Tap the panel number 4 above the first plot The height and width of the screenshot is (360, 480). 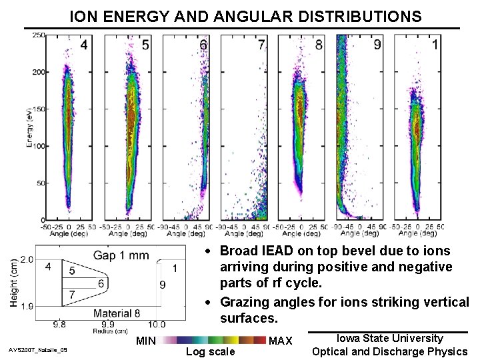pos(83,45)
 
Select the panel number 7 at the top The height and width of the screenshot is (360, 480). pos(261,45)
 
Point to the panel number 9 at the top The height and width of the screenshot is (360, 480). pos(377,45)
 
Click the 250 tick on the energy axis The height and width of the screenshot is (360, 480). pos(39,35)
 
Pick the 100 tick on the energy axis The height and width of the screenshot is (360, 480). pos(39,146)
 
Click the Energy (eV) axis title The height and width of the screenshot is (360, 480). pos(30,127)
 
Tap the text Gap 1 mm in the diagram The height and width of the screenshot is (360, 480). pos(121,255)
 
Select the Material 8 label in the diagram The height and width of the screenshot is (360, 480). pos(117,313)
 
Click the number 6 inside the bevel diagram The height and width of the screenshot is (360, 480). pos(101,284)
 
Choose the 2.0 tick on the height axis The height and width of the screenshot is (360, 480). pos(27,259)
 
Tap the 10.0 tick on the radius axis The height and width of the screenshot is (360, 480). pos(157,325)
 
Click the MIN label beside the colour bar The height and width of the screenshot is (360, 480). pos(146,341)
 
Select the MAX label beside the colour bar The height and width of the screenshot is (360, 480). pos(280,341)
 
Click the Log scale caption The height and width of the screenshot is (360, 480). pos(210,351)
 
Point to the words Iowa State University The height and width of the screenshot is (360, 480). pos(390,339)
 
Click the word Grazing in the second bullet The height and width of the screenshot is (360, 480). pos(246,302)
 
